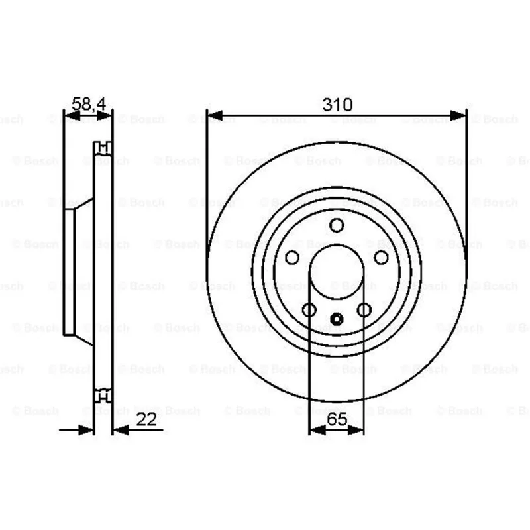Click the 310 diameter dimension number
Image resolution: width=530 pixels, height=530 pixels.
point(337,105)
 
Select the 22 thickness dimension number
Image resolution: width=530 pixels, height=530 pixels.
point(146,419)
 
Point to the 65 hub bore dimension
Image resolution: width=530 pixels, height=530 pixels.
point(337,419)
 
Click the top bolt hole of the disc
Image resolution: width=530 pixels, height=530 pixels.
point(337,225)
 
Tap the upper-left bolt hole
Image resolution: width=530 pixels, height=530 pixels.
point(292,258)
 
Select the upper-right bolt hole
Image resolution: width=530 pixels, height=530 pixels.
point(382,258)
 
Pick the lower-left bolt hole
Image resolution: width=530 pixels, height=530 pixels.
point(309,309)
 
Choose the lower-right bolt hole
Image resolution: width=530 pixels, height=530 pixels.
point(364,309)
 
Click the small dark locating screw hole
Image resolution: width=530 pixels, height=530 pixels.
point(337,319)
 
